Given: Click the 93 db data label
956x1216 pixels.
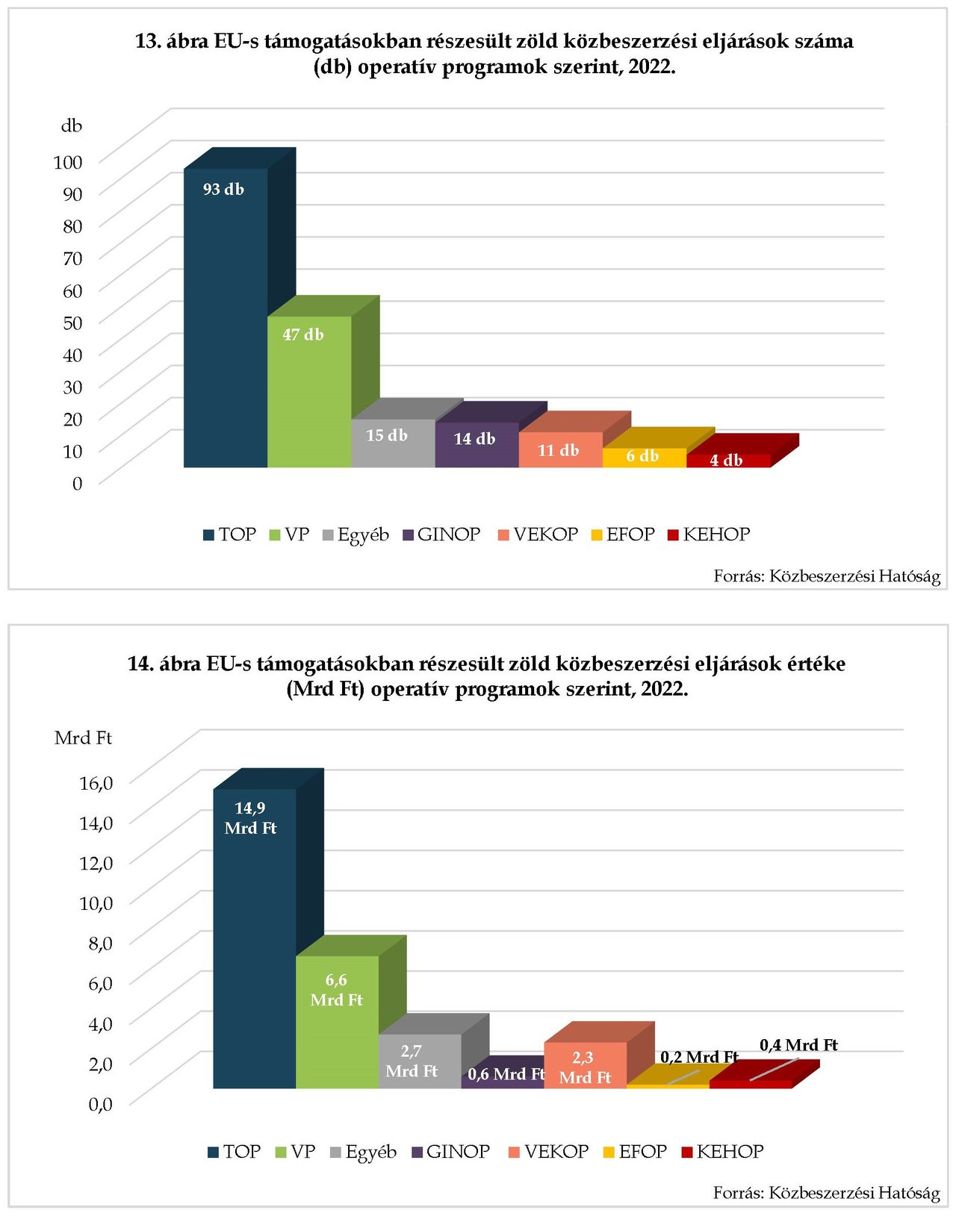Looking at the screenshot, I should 223,190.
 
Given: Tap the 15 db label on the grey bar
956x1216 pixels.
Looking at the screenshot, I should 387,435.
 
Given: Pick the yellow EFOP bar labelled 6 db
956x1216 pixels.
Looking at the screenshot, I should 644,457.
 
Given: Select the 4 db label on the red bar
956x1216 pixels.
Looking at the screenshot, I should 726,461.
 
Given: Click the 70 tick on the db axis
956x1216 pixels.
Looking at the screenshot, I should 72,258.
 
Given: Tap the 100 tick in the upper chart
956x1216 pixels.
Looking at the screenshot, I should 68,161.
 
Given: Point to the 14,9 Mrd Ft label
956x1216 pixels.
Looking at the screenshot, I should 250,818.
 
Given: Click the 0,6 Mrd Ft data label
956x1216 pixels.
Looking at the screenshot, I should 506,1074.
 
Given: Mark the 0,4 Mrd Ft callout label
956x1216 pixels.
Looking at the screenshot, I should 798,1045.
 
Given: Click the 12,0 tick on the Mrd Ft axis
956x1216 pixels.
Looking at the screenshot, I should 96,863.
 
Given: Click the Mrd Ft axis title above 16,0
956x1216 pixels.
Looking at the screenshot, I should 83,738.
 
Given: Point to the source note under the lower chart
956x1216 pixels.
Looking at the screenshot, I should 826,1193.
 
